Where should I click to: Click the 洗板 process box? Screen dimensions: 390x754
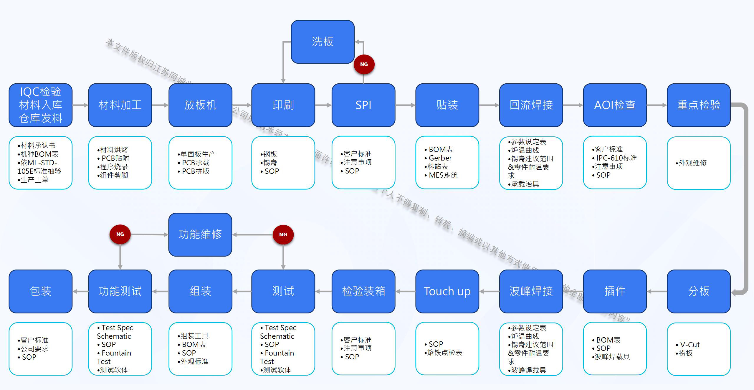pyautogui.click(x=323, y=42)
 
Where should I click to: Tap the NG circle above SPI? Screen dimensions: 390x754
pyautogui.click(x=364, y=64)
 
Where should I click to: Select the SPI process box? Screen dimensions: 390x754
pyautogui.click(x=363, y=105)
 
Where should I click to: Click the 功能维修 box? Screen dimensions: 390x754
pyautogui.click(x=200, y=234)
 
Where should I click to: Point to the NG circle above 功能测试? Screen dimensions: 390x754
pyautogui.click(x=120, y=234)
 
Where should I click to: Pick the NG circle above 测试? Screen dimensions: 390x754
pyautogui.click(x=283, y=234)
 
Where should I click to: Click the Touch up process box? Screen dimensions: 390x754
pyautogui.click(x=447, y=291)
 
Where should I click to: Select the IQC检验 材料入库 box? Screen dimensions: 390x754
pyautogui.click(x=41, y=105)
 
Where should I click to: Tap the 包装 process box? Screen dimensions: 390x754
pyautogui.click(x=41, y=291)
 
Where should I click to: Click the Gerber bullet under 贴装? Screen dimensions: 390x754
pyautogui.click(x=440, y=158)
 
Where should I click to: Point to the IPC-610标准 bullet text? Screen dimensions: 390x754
pyautogui.click(x=616, y=158)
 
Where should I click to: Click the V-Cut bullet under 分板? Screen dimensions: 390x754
pyautogui.click(x=689, y=345)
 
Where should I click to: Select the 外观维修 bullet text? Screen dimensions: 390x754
pyautogui.click(x=692, y=163)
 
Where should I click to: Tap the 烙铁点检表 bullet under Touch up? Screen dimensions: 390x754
pyautogui.click(x=444, y=353)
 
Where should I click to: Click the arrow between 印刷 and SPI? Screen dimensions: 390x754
pyautogui.click(x=323, y=105)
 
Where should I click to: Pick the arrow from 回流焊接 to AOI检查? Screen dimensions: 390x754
pyautogui.click(x=573, y=105)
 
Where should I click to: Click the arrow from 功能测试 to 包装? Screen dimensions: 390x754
pyautogui.click(x=80, y=291)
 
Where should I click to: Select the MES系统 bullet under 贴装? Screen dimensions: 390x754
pyautogui.click(x=443, y=175)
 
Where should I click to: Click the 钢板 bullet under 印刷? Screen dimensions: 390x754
pyautogui.click(x=270, y=154)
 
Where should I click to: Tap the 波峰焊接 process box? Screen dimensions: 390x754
pyautogui.click(x=531, y=291)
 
